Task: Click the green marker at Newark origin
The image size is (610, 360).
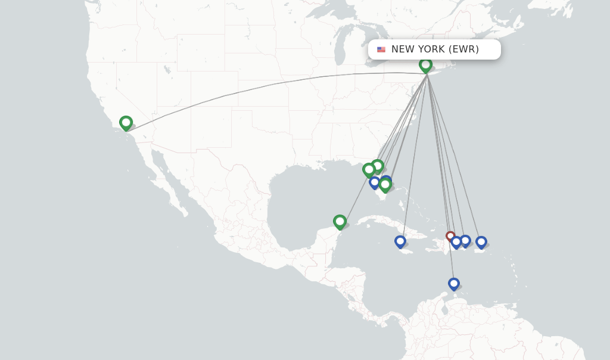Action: [425, 65]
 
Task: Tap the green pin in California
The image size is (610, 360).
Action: [126, 123]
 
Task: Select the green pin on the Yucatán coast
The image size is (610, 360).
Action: [340, 222]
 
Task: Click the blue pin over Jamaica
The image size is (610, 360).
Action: [400, 241]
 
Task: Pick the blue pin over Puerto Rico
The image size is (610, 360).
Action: [481, 242]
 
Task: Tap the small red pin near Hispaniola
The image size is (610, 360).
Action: [450, 236]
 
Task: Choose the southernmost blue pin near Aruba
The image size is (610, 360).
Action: [454, 284]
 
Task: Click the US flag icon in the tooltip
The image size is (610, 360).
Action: [381, 49]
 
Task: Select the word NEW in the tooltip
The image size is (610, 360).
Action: [402, 49]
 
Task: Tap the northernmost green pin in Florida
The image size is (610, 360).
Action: [377, 166]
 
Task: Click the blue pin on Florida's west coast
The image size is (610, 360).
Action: [375, 182]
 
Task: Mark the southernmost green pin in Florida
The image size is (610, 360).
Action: [385, 185]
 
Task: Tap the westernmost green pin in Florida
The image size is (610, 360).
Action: [369, 170]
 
